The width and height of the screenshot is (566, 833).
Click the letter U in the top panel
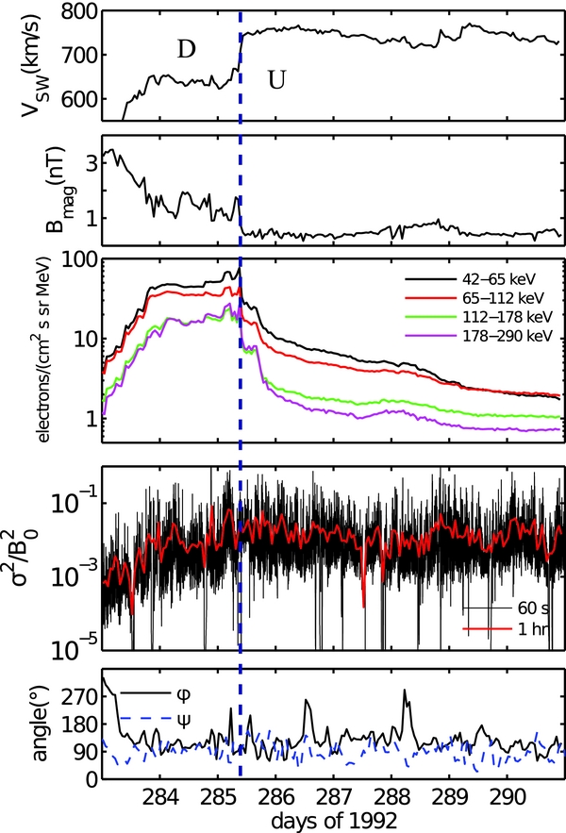tap(276, 81)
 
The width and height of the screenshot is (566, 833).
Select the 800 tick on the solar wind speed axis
tap(79, 12)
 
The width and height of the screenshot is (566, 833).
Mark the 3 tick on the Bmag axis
tap(89, 163)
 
